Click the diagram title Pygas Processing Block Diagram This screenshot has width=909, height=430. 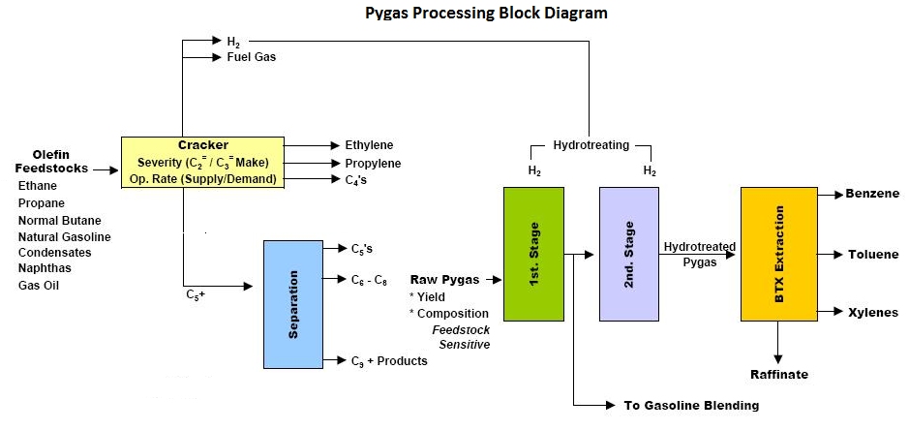[x=486, y=14]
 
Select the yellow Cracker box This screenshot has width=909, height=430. [x=202, y=162]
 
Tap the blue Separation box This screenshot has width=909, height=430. [x=293, y=303]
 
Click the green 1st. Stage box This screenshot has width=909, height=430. [x=533, y=254]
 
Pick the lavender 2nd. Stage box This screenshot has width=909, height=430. [x=628, y=254]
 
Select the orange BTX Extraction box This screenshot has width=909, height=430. [x=778, y=254]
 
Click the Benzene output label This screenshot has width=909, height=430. [x=872, y=194]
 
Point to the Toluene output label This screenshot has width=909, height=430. [x=873, y=255]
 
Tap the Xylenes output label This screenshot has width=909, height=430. [x=872, y=312]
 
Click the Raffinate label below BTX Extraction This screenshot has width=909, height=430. [x=778, y=374]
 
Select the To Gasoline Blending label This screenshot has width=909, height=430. [x=690, y=405]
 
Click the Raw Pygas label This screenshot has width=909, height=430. [x=444, y=279]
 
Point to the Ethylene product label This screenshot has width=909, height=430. [x=369, y=145]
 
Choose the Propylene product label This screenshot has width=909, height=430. [x=373, y=163]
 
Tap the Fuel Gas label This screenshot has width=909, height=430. [x=252, y=57]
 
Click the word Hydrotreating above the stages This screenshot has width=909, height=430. [x=591, y=145]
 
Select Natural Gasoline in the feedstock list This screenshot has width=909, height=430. [x=64, y=236]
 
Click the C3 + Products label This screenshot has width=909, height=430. [x=388, y=360]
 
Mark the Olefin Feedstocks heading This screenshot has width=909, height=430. [x=50, y=161]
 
